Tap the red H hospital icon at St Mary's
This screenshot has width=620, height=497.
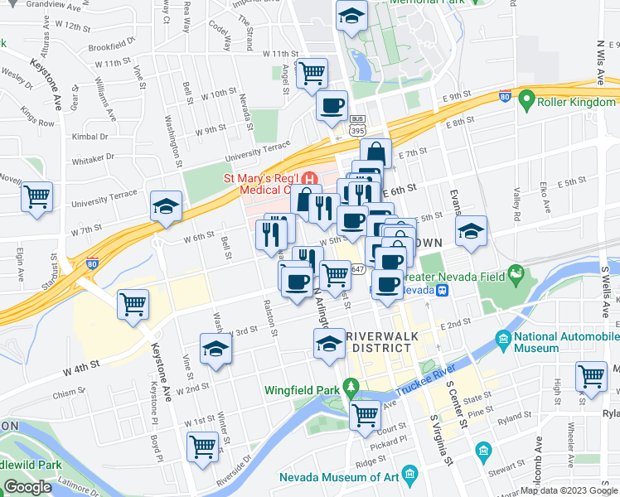[311, 178]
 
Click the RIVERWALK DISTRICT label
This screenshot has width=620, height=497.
[378, 341]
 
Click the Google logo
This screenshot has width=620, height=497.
[28, 487]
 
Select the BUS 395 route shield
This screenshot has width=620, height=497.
[357, 125]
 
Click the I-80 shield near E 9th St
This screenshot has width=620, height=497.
[504, 96]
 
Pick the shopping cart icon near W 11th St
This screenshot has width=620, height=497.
[312, 73]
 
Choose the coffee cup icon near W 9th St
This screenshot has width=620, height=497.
[332, 105]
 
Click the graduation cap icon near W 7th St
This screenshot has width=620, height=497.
[166, 207]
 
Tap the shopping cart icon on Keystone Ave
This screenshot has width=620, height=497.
[133, 304]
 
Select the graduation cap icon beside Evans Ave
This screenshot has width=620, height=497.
[471, 229]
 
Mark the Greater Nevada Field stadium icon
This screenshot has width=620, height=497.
[516, 273]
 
